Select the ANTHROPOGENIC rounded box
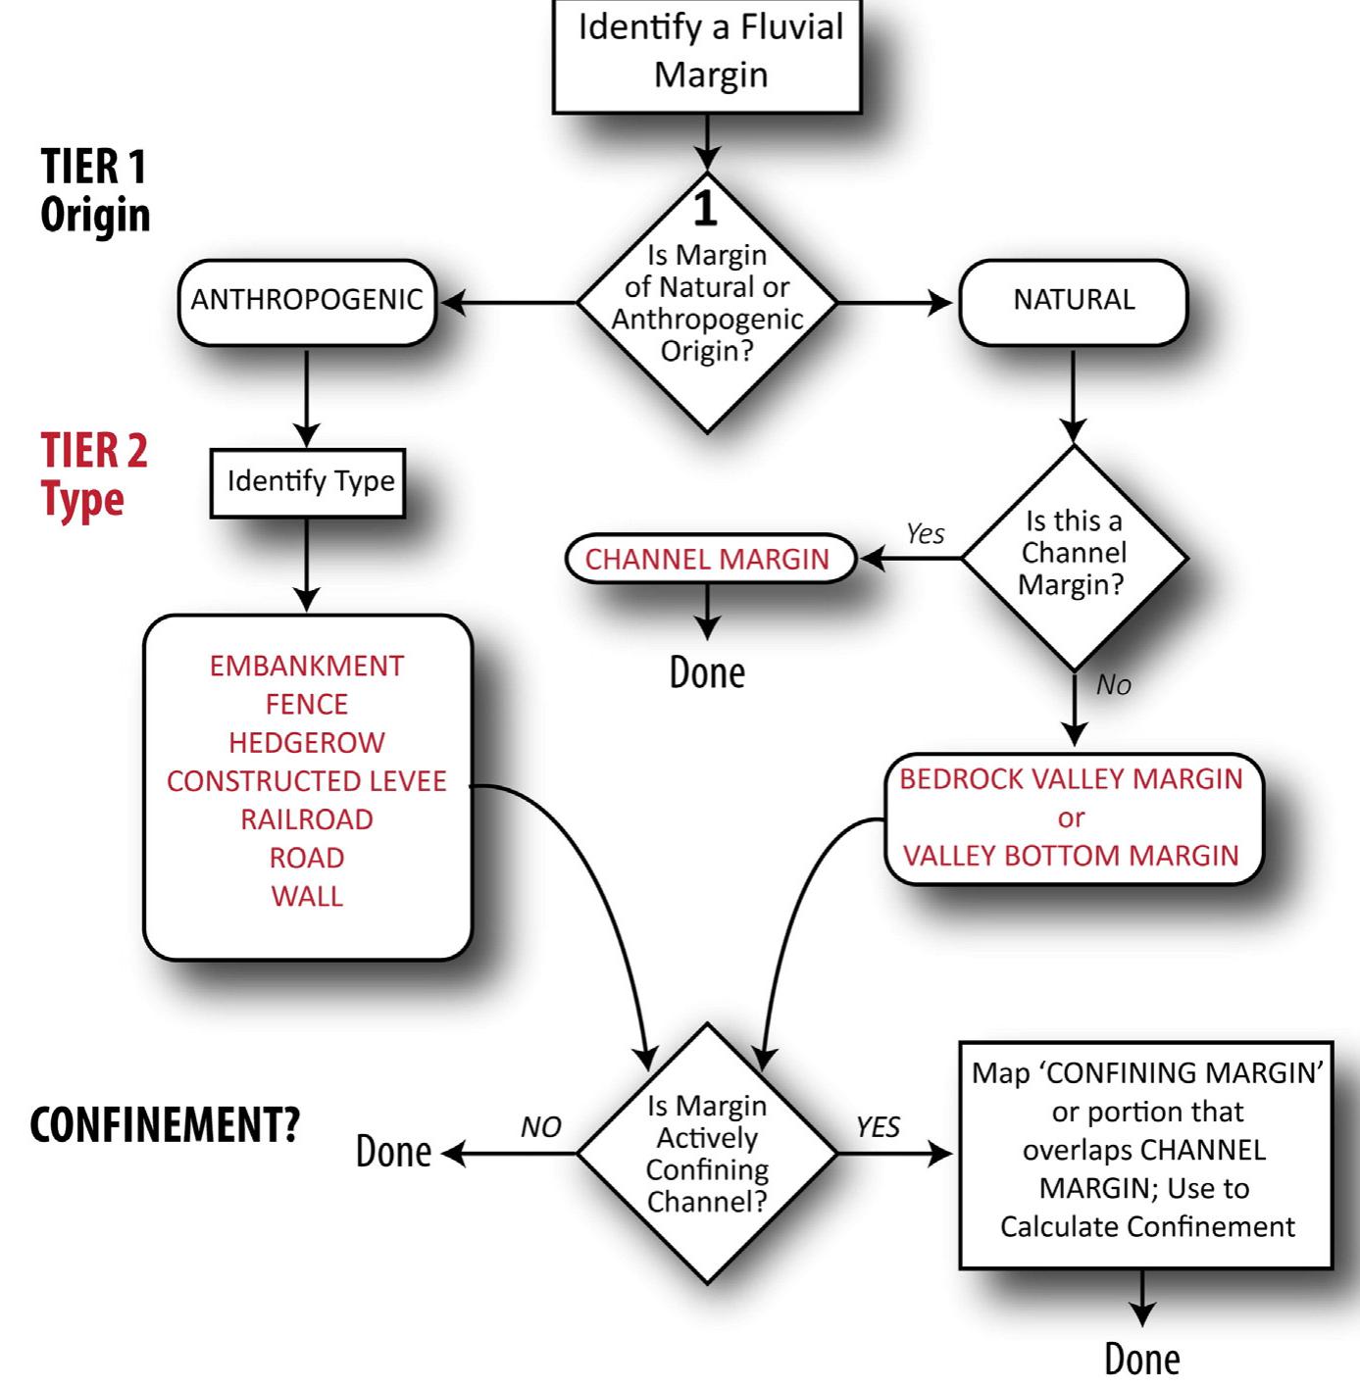tap(307, 301)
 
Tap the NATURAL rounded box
tap(1074, 301)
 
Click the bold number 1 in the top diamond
tap(705, 209)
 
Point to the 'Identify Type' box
tap(309, 481)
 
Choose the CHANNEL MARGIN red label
tap(707, 559)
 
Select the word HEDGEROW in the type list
tap(307, 743)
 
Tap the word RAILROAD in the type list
tap(307, 819)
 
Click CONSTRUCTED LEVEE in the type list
tap(307, 781)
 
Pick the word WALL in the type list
tap(307, 896)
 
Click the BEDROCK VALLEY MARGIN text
tap(1071, 779)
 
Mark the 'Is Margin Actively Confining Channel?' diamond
tap(707, 1153)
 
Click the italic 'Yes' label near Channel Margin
tap(925, 534)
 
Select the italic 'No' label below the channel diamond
tap(1113, 685)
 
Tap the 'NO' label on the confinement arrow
tap(540, 1128)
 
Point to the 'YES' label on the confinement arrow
tap(878, 1128)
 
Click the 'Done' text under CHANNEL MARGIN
tap(707, 673)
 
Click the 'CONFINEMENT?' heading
tap(165, 1125)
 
